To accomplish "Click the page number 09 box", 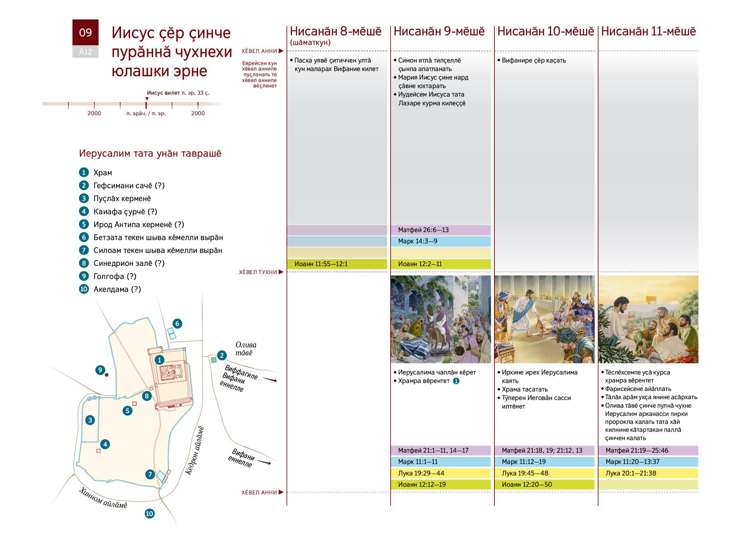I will (x=85, y=33).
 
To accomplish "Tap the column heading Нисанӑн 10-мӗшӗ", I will (x=545, y=31).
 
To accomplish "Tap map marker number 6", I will (x=177, y=323).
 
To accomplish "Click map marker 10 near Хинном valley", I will (x=149, y=513).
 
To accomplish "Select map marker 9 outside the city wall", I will (x=100, y=370).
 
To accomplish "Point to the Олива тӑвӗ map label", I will (x=246, y=349).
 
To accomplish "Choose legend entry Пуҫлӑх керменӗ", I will (x=122, y=198).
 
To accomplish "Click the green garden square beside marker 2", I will (x=213, y=360).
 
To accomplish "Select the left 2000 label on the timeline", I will (x=94, y=113).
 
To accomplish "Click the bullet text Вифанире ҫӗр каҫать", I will (x=534, y=60).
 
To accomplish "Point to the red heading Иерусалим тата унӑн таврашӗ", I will (x=150, y=154).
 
